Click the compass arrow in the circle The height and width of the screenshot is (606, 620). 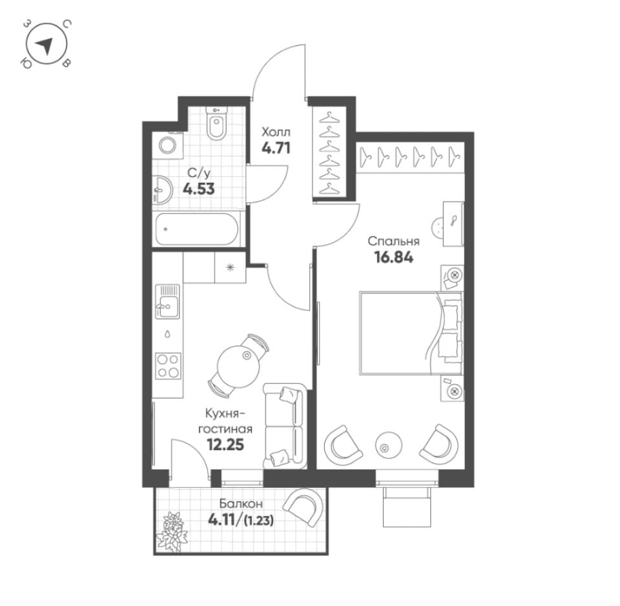(x=46, y=45)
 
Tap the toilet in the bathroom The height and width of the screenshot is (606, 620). (x=217, y=123)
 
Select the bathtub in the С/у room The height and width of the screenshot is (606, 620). (x=197, y=229)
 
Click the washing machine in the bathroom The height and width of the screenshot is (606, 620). (x=169, y=145)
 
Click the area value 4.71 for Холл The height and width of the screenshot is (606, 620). (x=276, y=148)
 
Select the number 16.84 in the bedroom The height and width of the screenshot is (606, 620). (x=393, y=258)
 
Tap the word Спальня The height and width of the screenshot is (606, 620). (x=393, y=242)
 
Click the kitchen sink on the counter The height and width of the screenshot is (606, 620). (x=167, y=301)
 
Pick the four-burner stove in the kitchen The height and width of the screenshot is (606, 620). (x=168, y=366)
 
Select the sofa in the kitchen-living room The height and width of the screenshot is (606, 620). (x=284, y=426)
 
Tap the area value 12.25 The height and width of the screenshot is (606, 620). (x=225, y=445)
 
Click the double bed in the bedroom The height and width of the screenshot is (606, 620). (x=411, y=333)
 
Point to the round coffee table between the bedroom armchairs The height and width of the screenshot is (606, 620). (x=388, y=444)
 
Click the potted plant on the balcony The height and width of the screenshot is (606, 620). (x=170, y=531)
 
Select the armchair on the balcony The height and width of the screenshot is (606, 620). (x=303, y=507)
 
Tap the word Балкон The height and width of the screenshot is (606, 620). (x=241, y=504)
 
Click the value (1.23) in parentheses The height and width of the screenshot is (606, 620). (x=259, y=521)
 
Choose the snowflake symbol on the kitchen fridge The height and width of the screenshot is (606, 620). (x=230, y=268)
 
